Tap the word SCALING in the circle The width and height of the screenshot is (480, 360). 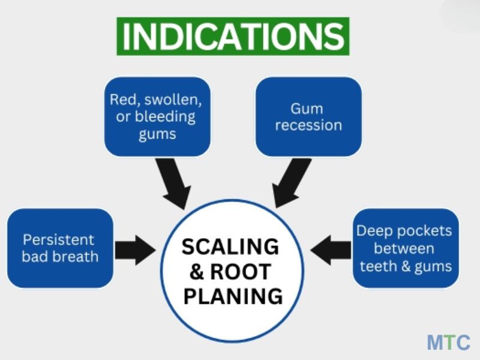[x=230, y=247]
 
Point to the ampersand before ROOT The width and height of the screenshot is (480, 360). [x=196, y=271]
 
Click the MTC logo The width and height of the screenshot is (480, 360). [x=448, y=342]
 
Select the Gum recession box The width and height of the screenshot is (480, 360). [x=308, y=116]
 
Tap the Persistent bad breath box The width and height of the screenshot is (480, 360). [x=60, y=248]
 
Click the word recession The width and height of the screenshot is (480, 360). [x=308, y=125]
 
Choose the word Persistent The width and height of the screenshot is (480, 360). [x=59, y=239]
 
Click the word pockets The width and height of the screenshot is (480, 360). [x=424, y=230]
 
